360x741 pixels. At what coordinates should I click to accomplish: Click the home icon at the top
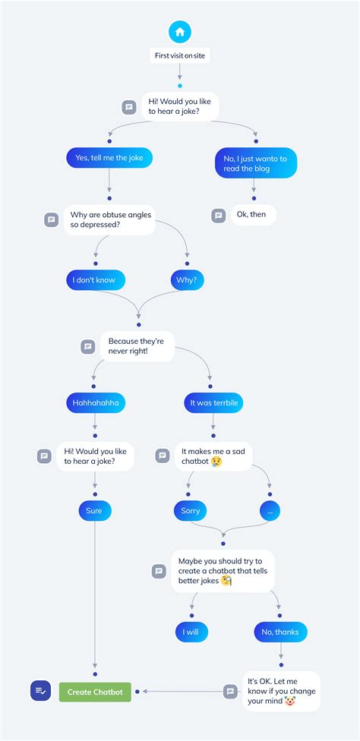coord(180,32)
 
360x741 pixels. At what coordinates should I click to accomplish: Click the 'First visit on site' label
coord(180,55)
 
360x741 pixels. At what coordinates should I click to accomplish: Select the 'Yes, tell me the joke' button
coord(109,158)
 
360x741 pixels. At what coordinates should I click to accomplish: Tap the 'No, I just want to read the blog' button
coord(255,163)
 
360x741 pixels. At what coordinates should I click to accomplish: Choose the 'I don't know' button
coord(95,280)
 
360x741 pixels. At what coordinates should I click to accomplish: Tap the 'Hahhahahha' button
coord(95,403)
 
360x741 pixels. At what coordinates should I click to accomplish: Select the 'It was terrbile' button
coord(213,403)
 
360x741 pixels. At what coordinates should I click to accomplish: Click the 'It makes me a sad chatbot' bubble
coord(212,456)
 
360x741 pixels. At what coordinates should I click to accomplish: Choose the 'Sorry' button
coord(191,511)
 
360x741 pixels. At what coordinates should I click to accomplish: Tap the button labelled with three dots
coord(270,511)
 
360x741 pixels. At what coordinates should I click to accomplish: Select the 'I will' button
coord(190,632)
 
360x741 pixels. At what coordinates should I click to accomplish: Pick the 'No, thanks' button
coord(281,632)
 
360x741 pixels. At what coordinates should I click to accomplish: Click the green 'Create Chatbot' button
coord(96,692)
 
